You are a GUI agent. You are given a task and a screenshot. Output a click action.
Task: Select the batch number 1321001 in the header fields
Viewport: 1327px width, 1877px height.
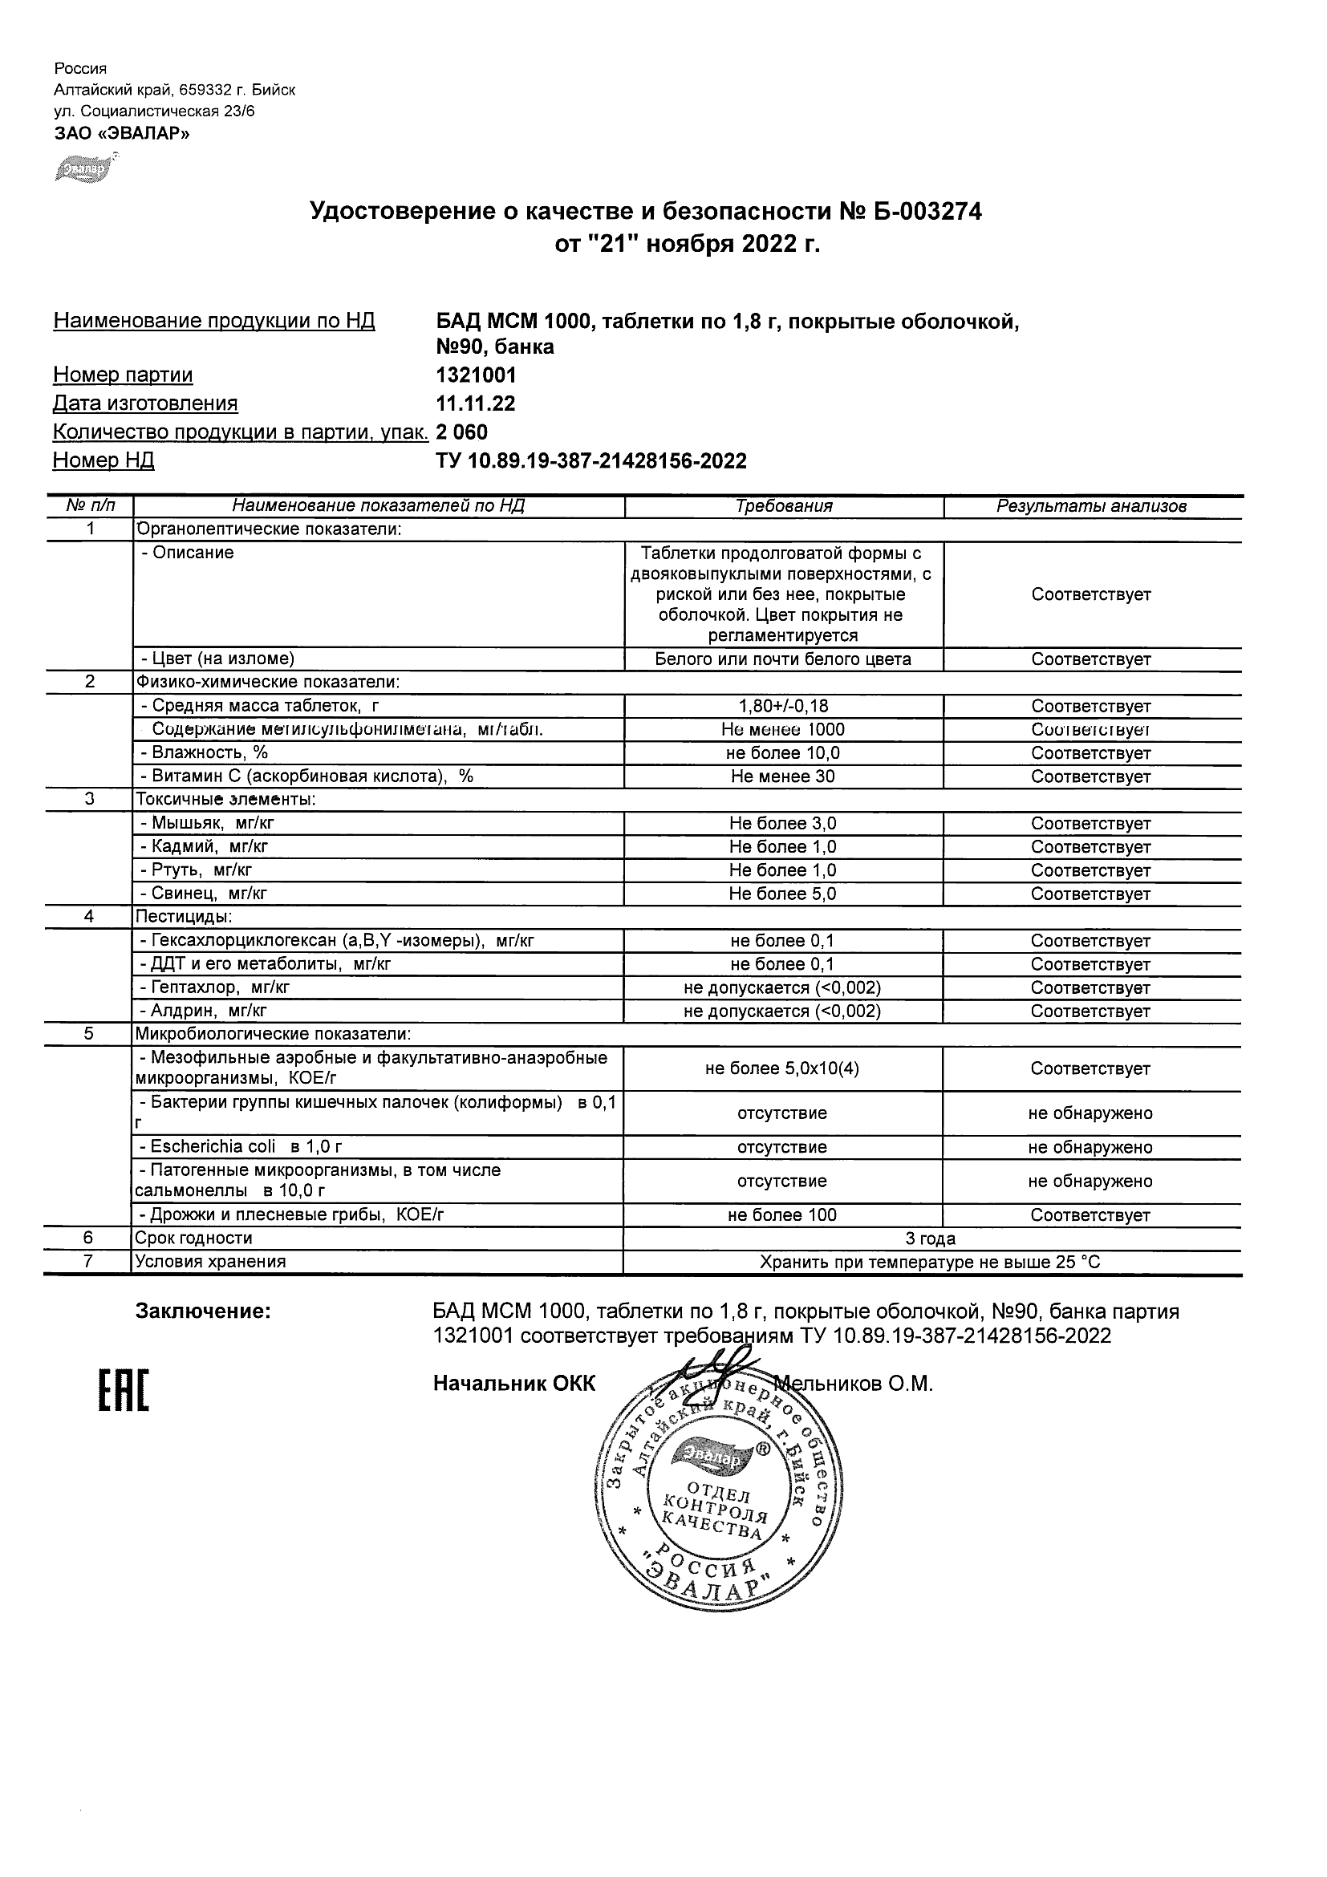(x=476, y=375)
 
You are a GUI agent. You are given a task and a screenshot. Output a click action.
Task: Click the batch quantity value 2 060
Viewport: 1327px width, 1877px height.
(x=462, y=432)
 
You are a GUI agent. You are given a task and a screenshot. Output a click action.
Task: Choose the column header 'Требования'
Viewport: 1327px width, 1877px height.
(x=783, y=506)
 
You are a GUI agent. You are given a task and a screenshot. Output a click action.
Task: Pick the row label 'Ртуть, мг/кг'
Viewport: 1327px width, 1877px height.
(x=202, y=870)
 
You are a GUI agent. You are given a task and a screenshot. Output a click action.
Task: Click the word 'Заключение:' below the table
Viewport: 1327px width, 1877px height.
(x=203, y=1312)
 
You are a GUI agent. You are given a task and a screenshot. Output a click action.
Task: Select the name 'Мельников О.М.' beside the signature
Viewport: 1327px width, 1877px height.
(x=854, y=1384)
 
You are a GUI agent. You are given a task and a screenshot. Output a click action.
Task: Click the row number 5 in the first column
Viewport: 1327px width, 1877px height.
(x=89, y=1034)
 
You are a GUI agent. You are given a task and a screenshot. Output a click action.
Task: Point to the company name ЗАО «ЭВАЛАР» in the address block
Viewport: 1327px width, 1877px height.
(x=122, y=133)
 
